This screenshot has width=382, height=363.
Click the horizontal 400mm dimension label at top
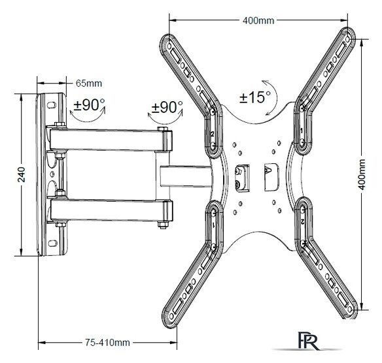[x=258, y=20]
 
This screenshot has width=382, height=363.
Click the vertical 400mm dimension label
[x=362, y=174]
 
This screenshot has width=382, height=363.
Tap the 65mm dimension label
[x=89, y=84]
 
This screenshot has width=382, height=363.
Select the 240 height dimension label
[x=22, y=174]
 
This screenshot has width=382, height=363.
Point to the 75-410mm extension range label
[x=107, y=343]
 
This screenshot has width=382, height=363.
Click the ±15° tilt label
[x=255, y=97]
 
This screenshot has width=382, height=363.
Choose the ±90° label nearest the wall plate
[x=90, y=105]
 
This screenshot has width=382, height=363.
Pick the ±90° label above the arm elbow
[x=167, y=107]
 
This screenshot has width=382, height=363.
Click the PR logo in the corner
[x=309, y=341]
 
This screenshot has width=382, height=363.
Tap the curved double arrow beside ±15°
[x=276, y=97]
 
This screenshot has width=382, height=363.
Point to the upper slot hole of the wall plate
[x=52, y=105]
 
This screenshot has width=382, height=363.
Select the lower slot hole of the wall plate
[x=52, y=243]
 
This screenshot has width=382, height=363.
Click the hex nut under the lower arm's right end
[x=162, y=225]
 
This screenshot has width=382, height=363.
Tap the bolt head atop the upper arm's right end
[x=162, y=129]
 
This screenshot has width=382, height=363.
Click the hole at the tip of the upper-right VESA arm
[x=349, y=39]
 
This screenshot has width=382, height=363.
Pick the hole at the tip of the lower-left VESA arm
[x=171, y=316]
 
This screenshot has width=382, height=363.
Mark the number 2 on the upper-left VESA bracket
[x=212, y=134]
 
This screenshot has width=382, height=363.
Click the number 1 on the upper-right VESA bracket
[x=302, y=131]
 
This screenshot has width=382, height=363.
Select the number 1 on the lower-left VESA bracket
[x=213, y=225]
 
